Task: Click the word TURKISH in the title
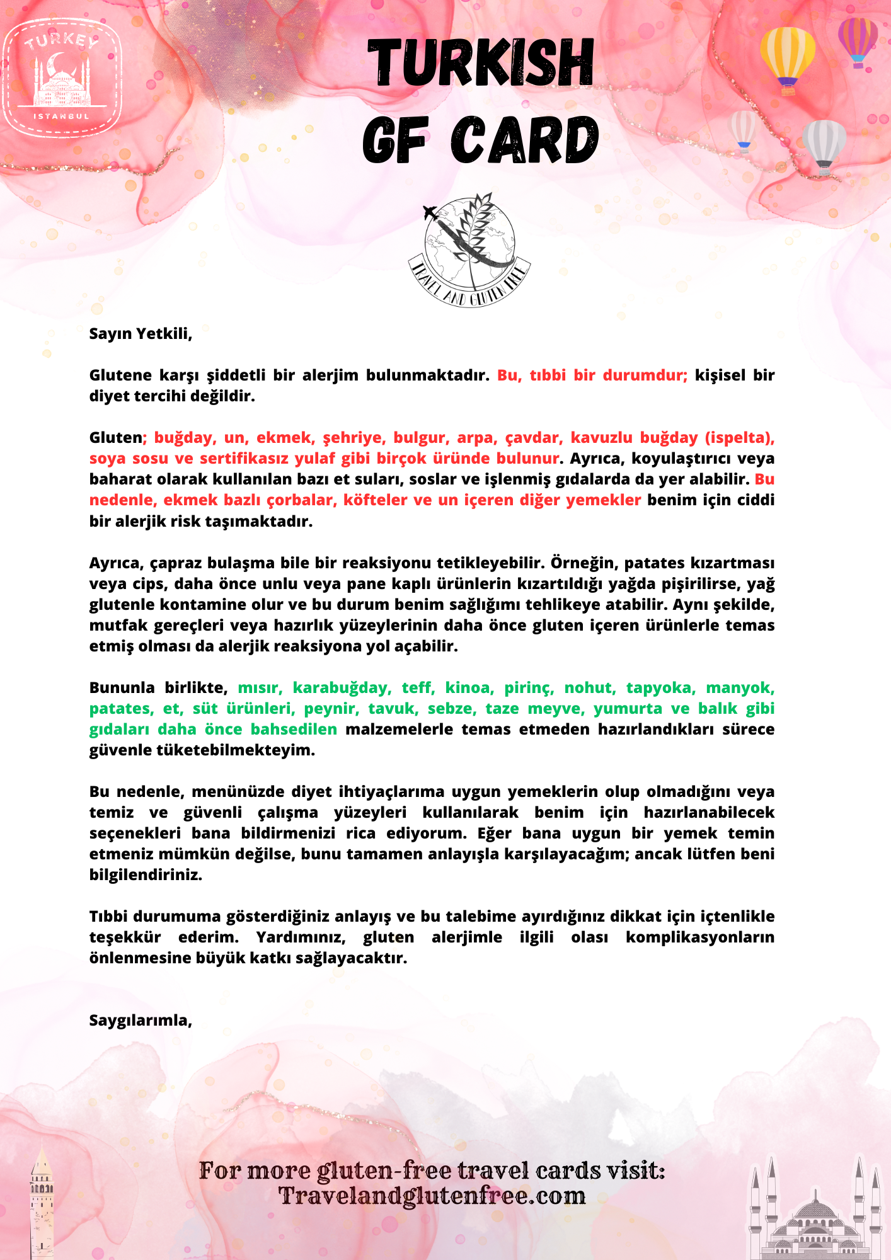pos(481,62)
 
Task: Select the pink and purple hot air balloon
pos(858,40)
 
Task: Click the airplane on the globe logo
pos(432,213)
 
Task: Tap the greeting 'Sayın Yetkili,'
pos(141,333)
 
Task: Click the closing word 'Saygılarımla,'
pos(141,1020)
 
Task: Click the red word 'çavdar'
pos(533,438)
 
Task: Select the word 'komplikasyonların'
pos(699,937)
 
